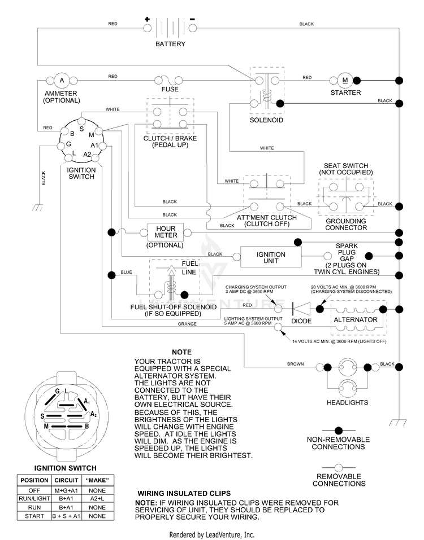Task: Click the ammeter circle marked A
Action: point(62,81)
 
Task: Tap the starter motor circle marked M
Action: point(345,80)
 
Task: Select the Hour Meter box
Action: point(166,232)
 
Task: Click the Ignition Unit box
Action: point(271,257)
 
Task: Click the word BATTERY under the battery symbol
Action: point(170,44)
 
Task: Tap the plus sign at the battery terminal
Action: point(148,19)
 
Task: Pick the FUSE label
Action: point(170,89)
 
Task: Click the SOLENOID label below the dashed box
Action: point(266,120)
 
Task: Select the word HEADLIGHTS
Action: point(348,402)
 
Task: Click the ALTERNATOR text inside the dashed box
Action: point(356,319)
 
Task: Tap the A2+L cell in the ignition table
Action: point(97,499)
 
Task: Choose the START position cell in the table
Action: point(34,516)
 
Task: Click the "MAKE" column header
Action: point(97,480)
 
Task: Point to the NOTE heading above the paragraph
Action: point(182,352)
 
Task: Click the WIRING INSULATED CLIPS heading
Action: point(184,493)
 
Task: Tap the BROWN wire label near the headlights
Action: point(296,364)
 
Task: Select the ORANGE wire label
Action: point(187,324)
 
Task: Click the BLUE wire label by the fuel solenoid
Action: point(126,272)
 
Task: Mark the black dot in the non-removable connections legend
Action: point(339,431)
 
